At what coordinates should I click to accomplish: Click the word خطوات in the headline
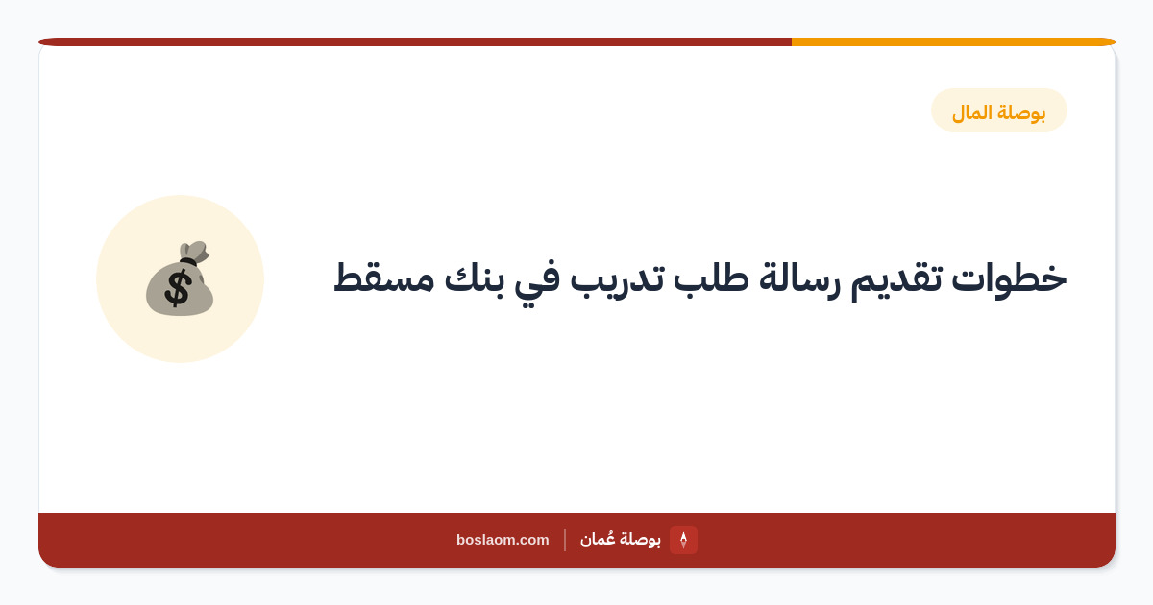click(x=1008, y=278)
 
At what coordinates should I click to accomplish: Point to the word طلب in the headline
click(x=711, y=278)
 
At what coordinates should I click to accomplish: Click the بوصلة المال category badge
click(x=998, y=110)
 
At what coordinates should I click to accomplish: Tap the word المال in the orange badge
click(x=971, y=112)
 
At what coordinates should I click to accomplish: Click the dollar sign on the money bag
click(x=178, y=289)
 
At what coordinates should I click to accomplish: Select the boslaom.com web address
click(x=503, y=540)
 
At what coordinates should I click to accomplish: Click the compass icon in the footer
click(x=683, y=540)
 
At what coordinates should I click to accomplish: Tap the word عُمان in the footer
click(x=597, y=539)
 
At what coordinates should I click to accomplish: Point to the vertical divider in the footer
click(x=565, y=540)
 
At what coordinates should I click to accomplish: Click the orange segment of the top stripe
click(x=953, y=42)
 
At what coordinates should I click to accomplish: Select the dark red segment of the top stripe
click(x=415, y=42)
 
